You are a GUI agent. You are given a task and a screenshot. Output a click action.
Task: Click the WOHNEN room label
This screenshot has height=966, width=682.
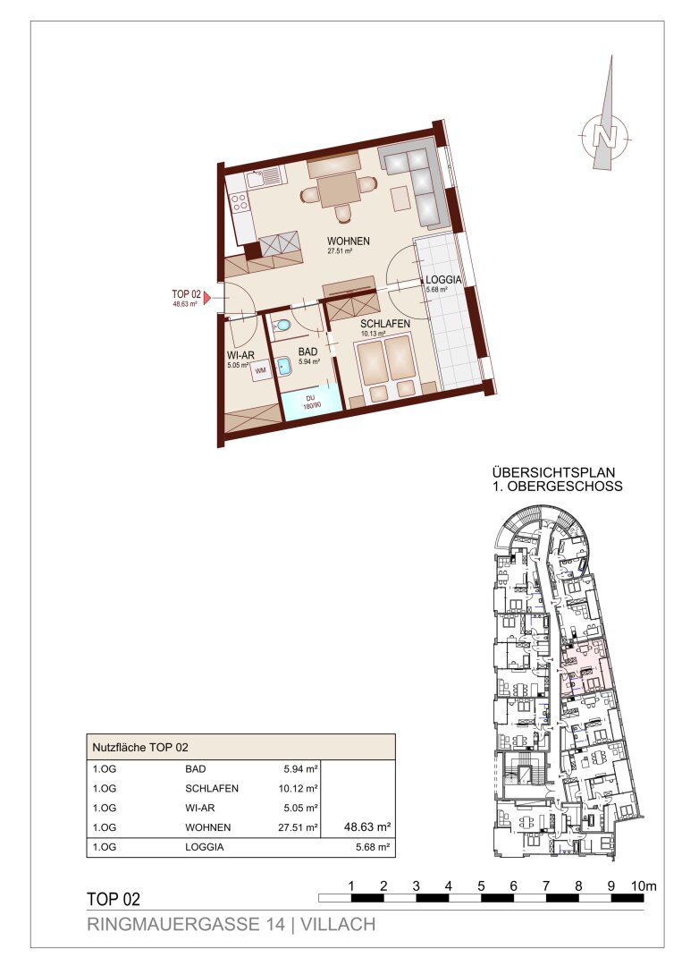click(x=349, y=241)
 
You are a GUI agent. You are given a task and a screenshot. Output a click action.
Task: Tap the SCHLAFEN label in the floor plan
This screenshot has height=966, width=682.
click(x=385, y=324)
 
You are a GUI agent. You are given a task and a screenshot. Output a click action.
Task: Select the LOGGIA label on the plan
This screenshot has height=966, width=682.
click(x=443, y=280)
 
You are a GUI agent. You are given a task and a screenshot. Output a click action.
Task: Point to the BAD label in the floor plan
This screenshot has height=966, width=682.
click(x=307, y=352)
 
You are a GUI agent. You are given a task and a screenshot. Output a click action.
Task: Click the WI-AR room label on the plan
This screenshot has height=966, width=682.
click(x=240, y=355)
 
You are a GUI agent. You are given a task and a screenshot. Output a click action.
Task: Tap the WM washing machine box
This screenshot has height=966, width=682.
click(x=261, y=370)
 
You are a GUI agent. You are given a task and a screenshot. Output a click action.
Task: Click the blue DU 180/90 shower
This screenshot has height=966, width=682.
click(x=309, y=402)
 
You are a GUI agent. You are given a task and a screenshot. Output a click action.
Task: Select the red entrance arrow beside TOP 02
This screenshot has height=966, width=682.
click(x=207, y=298)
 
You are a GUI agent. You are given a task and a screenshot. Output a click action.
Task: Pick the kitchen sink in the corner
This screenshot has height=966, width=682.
click(x=264, y=177)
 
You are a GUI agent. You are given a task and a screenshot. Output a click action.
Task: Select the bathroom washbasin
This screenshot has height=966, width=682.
click(x=283, y=368)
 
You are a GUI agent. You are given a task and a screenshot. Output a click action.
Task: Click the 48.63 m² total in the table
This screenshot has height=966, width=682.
click(x=367, y=826)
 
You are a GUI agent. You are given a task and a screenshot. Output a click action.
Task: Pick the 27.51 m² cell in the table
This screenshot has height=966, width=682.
click(x=298, y=827)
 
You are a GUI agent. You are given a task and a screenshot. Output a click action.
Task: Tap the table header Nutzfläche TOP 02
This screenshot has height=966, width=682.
click(x=139, y=747)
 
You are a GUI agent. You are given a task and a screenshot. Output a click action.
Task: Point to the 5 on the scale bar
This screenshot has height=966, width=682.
click(x=481, y=885)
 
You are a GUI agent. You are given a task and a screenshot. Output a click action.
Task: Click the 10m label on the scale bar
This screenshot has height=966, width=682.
click(x=644, y=885)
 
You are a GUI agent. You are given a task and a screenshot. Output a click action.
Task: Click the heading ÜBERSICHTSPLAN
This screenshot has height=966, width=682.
click(x=553, y=472)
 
